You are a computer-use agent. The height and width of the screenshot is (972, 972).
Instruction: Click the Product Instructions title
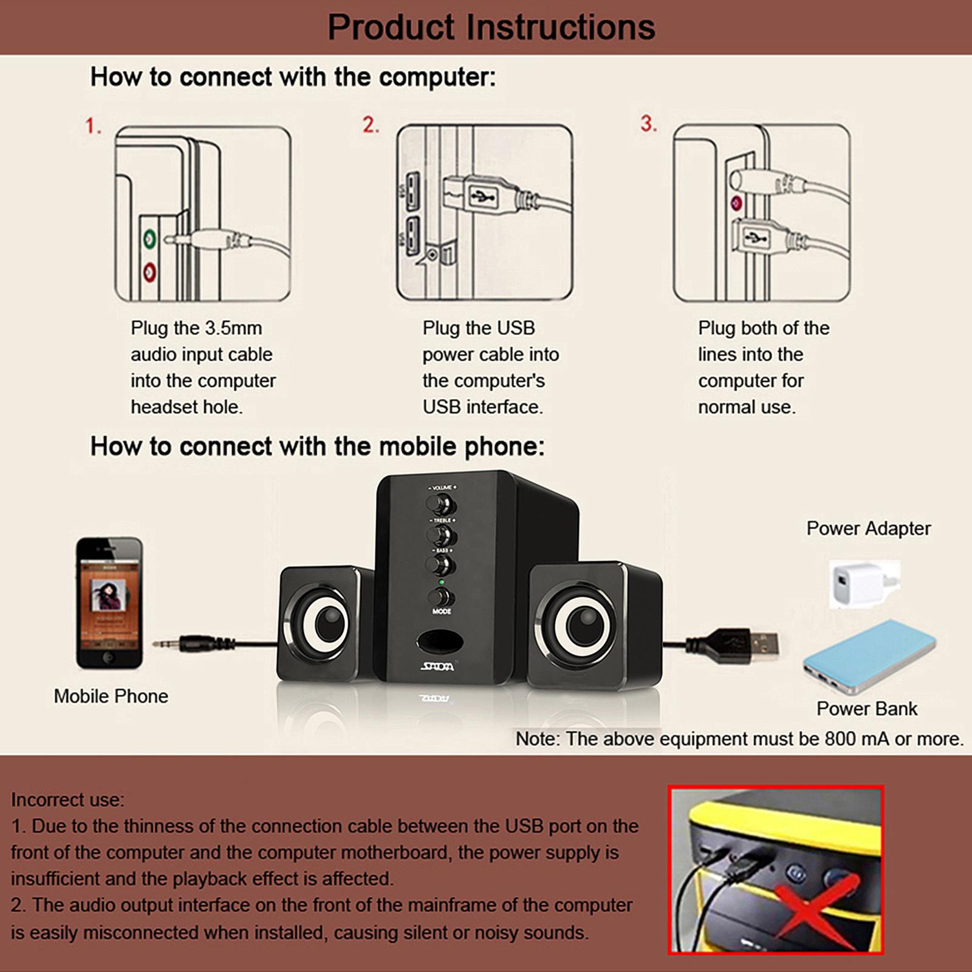[491, 27]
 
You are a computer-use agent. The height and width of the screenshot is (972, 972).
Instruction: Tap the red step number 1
[93, 126]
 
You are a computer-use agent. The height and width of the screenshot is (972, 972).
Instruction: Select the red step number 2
[371, 125]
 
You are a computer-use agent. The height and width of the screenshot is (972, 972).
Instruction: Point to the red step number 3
[648, 123]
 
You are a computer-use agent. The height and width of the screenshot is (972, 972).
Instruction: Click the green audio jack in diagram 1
[149, 239]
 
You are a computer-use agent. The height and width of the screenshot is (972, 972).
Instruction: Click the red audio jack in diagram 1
[149, 272]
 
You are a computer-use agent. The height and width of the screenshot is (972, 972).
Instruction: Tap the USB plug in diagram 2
[480, 196]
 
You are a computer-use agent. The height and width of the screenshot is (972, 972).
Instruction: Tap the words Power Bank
[866, 708]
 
